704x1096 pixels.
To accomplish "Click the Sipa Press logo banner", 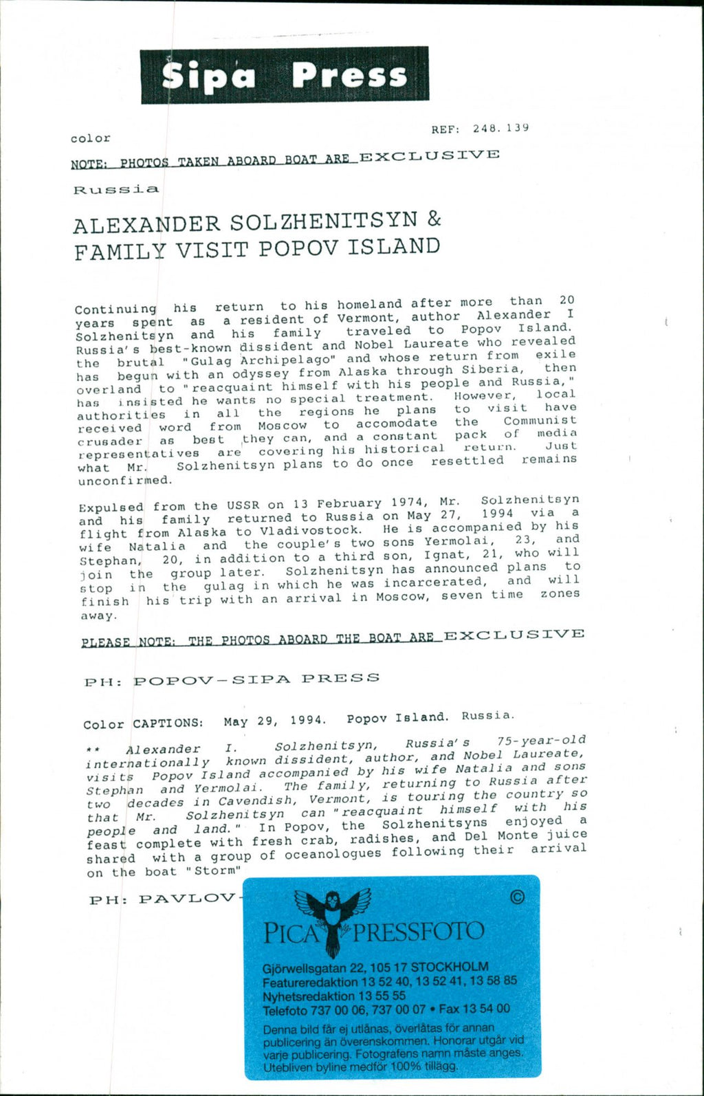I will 284,75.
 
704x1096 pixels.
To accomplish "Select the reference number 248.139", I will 500,129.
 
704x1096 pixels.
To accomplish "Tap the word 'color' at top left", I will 90,139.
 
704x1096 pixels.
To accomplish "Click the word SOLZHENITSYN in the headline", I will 323,222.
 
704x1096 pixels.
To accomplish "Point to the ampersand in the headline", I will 434,219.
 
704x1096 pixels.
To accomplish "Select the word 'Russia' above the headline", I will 115,189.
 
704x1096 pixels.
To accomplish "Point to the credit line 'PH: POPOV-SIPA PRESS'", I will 232,680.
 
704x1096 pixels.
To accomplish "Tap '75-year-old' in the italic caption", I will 541,741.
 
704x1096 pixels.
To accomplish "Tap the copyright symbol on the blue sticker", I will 518,897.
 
